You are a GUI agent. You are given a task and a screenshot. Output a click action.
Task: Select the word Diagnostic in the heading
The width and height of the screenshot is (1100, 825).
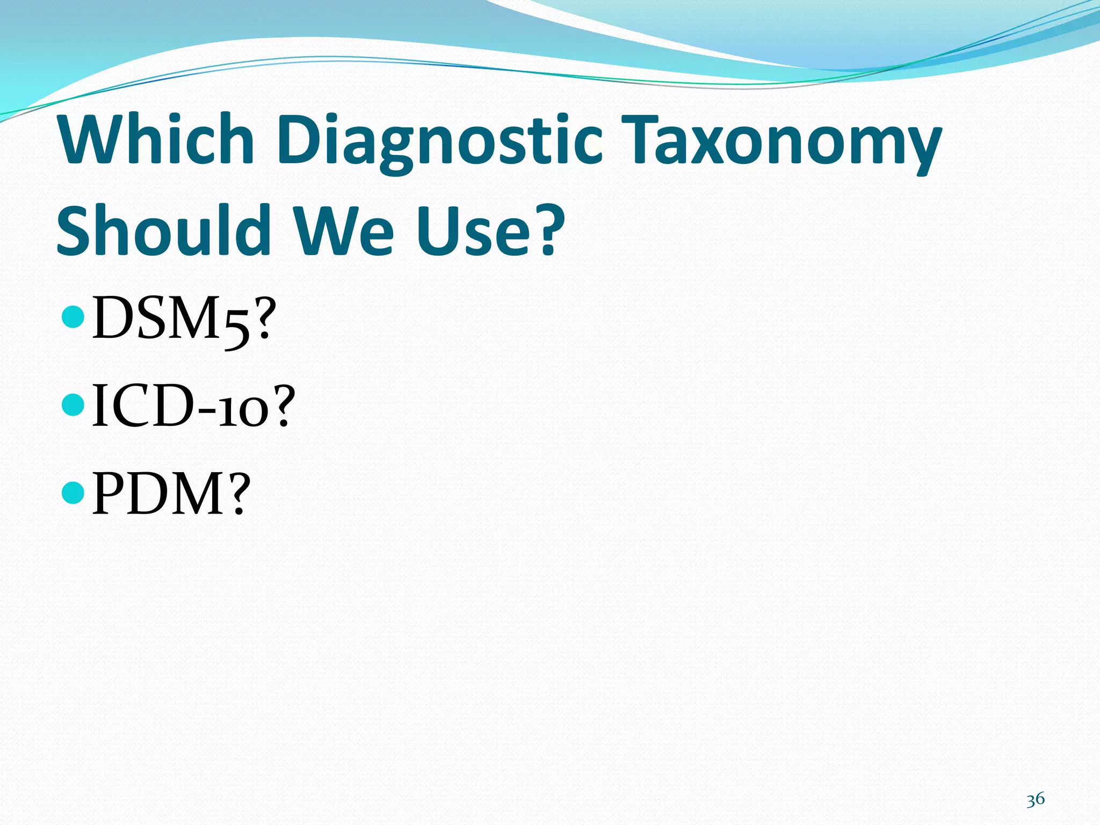tap(440, 141)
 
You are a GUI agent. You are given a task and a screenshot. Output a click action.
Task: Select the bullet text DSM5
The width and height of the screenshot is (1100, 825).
tap(172, 319)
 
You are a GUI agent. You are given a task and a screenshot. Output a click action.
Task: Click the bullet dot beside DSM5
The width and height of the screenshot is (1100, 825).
tap(73, 317)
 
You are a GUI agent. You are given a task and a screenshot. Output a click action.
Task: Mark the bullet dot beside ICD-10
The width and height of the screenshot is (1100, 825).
tap(73, 404)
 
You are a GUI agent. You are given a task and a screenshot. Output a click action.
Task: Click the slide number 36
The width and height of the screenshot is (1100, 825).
tap(1035, 799)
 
